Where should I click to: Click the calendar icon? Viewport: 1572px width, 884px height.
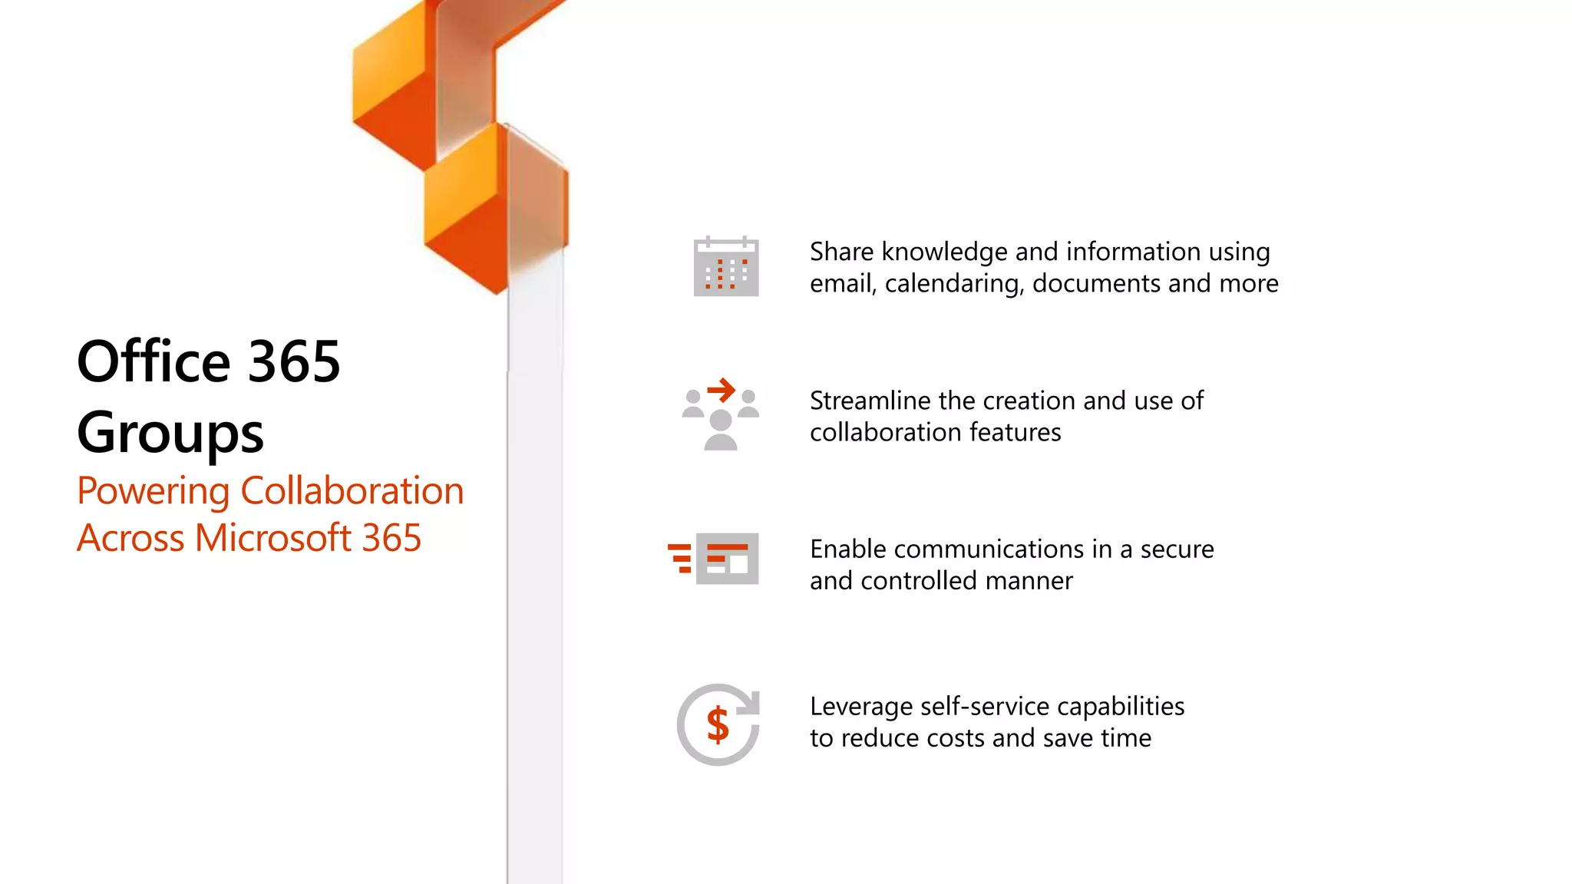tap(726, 266)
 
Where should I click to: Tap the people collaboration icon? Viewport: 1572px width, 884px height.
tap(720, 417)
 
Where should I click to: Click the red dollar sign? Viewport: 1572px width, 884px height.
tap(718, 724)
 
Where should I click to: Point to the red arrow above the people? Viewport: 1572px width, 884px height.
tap(722, 391)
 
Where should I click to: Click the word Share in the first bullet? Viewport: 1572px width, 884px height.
tap(841, 252)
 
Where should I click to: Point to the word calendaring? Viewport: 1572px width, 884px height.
tap(954, 284)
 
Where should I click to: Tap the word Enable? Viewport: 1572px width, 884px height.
tap(848, 549)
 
